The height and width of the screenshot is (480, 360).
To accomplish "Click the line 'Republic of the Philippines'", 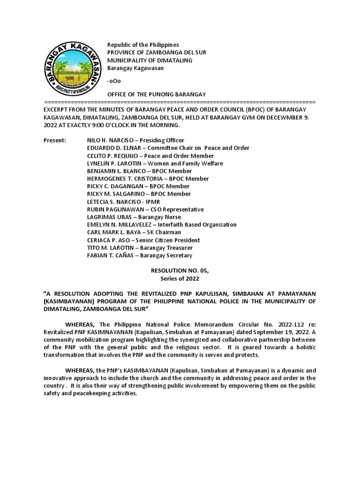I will point(143,45).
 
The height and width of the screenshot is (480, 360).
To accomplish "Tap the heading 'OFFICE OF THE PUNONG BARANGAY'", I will point(157,94).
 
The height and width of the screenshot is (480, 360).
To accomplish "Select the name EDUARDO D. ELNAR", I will point(113,148).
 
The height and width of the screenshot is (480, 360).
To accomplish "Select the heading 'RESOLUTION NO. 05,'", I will point(180,271).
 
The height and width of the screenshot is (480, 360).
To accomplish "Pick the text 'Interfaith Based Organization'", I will point(197,225).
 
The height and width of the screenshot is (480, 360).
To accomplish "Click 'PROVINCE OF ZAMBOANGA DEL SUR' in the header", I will point(157,52).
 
